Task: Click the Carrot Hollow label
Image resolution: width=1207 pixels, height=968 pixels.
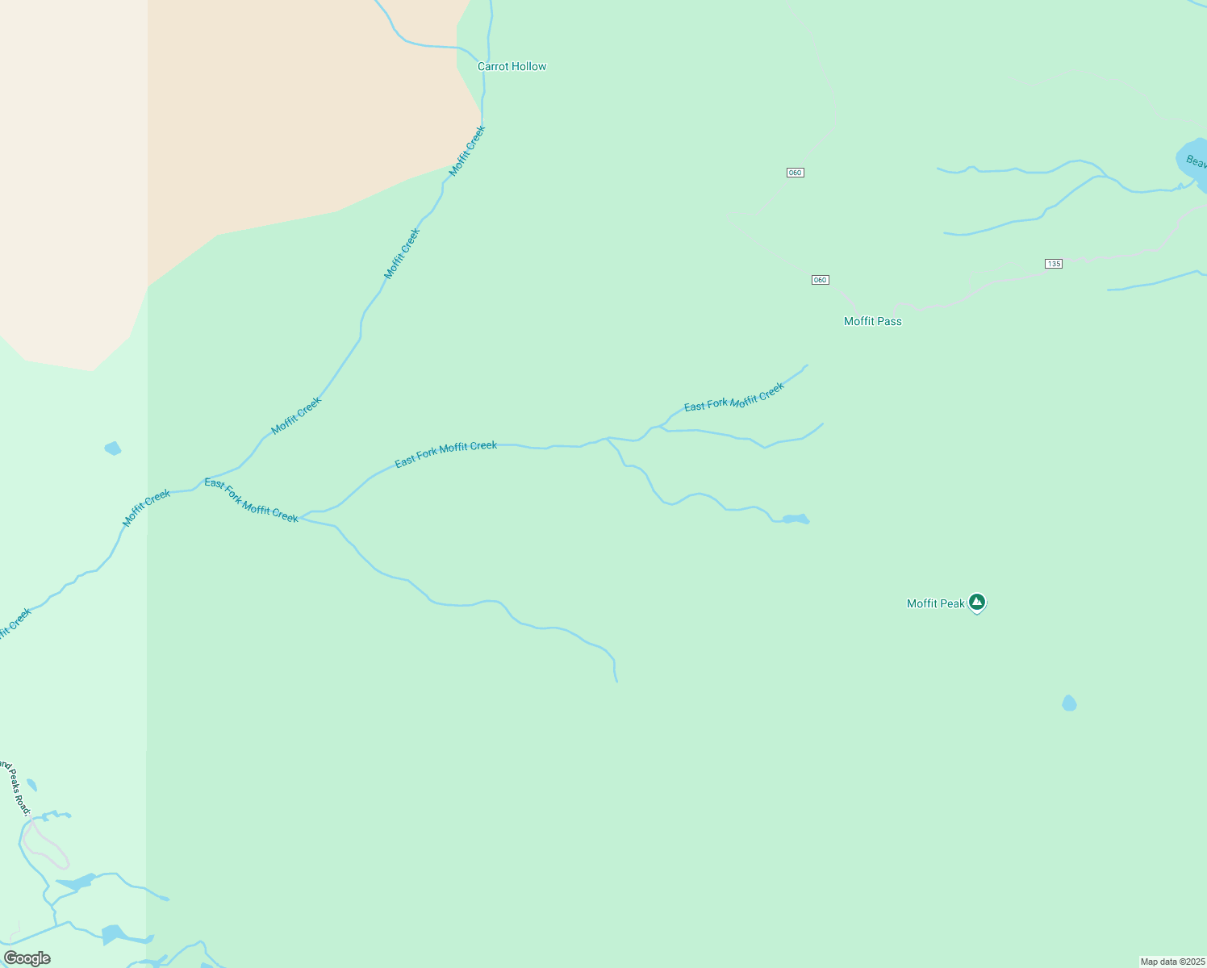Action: click(512, 66)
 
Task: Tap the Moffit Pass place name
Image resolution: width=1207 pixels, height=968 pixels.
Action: click(872, 321)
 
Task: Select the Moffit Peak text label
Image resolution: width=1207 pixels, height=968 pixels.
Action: click(935, 603)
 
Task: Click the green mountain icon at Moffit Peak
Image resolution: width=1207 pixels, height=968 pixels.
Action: click(977, 602)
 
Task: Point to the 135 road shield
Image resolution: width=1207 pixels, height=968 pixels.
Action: click(1053, 264)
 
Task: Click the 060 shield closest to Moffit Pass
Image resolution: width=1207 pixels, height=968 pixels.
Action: click(820, 280)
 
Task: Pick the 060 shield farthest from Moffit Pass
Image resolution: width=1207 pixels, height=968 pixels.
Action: click(795, 173)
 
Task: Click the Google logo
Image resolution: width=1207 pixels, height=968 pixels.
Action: click(27, 958)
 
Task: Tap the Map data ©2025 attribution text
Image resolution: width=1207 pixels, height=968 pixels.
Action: click(1171, 962)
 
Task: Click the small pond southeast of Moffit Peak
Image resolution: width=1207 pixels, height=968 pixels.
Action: click(1069, 703)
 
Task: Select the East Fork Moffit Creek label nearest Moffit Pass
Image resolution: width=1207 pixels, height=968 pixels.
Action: click(733, 398)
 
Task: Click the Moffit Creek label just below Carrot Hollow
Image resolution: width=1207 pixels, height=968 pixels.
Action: click(467, 151)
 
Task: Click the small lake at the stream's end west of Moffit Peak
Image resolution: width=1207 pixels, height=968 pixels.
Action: click(795, 519)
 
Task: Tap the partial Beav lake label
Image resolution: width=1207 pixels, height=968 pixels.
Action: click(1196, 162)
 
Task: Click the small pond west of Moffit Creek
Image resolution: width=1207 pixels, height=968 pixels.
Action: click(113, 449)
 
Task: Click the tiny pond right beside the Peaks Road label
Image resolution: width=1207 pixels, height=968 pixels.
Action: click(32, 785)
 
